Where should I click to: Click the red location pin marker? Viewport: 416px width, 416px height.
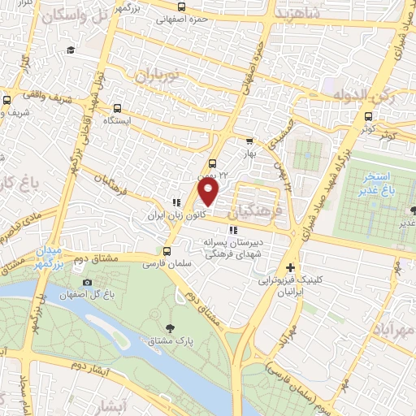209,193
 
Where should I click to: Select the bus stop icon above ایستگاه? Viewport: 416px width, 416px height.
118,108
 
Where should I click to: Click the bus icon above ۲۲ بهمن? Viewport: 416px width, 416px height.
212,162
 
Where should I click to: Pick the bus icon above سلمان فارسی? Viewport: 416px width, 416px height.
165,251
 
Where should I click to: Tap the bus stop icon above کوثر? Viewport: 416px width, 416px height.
369,115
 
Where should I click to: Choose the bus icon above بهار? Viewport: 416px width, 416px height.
249,140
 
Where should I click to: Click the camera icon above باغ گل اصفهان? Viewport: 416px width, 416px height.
87,282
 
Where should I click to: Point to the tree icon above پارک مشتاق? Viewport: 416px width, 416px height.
170,327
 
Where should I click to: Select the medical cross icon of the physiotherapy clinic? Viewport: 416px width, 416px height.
291,267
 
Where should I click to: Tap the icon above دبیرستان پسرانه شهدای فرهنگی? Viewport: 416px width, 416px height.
234,230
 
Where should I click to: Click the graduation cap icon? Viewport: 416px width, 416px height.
71,51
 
